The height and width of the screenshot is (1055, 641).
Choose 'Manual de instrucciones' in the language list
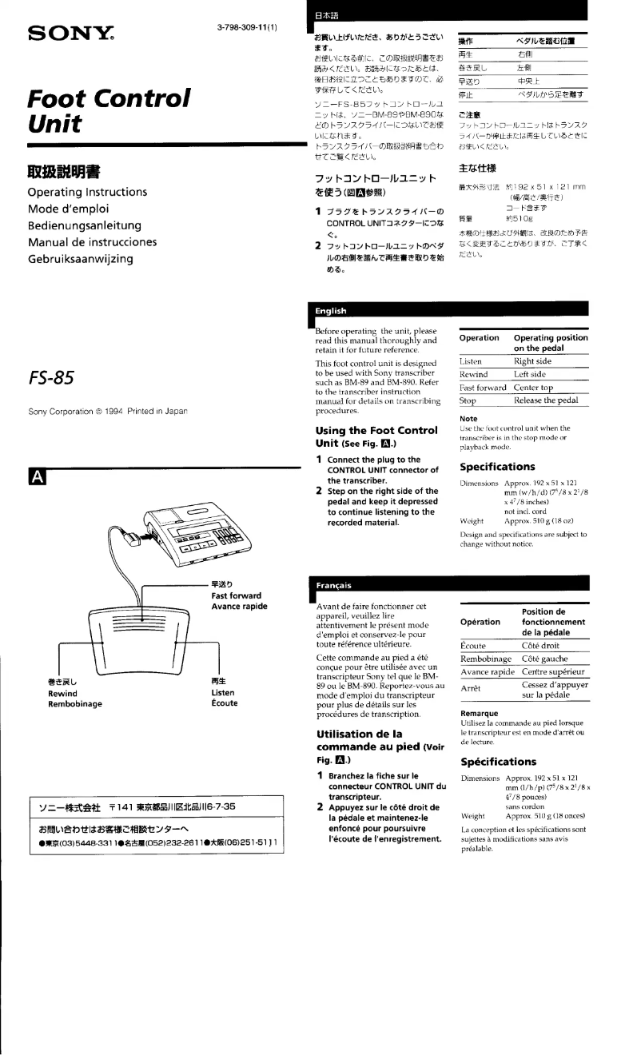[x=92, y=242]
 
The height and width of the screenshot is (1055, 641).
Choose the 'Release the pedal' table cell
[x=551, y=400]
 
